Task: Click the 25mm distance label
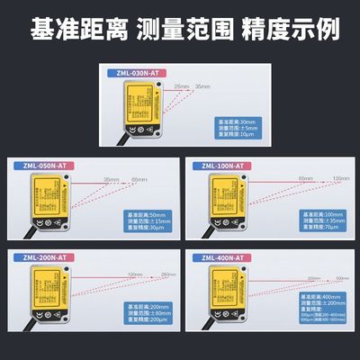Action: coord(181,86)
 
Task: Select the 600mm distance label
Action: coord(340,278)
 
